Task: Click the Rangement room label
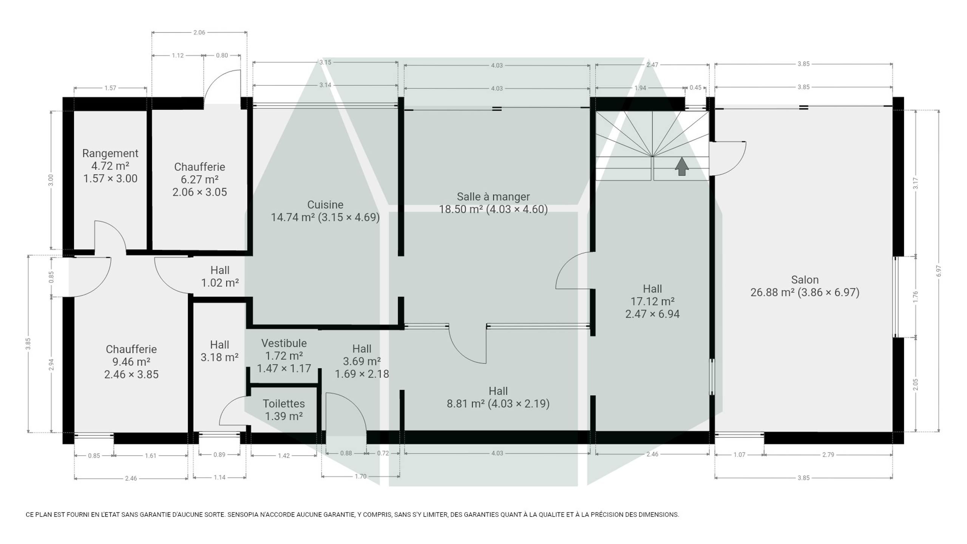click(110, 153)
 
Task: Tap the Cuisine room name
click(325, 205)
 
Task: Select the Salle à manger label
click(493, 197)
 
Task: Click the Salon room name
click(805, 280)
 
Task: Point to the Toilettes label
click(284, 404)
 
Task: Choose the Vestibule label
click(284, 343)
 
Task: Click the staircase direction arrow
click(682, 167)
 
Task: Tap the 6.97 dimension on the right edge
click(939, 271)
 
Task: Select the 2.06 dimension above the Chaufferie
click(199, 32)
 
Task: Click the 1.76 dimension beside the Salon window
click(915, 297)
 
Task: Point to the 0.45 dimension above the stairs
click(695, 88)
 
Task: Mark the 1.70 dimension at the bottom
click(360, 476)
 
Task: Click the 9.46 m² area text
click(131, 362)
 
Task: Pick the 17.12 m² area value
click(652, 301)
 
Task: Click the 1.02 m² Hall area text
click(220, 283)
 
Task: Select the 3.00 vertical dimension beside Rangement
click(51, 180)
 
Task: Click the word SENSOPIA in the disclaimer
click(243, 515)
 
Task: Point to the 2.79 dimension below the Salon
click(828, 455)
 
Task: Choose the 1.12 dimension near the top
click(178, 56)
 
